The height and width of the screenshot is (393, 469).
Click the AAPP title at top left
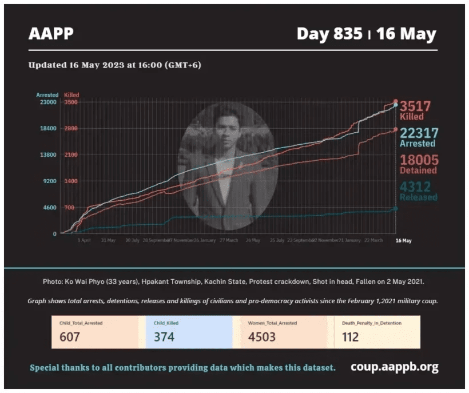[51, 34]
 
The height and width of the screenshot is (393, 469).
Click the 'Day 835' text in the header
[329, 34]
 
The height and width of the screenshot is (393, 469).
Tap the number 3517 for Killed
[415, 106]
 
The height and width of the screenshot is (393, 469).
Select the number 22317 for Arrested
[419, 133]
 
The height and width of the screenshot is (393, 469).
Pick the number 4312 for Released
[415, 187]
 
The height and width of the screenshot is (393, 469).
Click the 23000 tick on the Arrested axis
[48, 102]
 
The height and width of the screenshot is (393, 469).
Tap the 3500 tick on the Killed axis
[71, 102]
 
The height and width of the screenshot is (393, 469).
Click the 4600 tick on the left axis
[50, 208]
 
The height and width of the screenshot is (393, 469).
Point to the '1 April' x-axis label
[84, 240]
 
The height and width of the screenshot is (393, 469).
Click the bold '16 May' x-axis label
[403, 241]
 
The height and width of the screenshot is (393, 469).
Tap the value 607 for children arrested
[70, 336]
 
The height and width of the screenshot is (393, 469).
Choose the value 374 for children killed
[164, 336]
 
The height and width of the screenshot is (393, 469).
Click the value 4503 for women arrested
[261, 336]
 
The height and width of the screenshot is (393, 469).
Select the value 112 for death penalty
[351, 336]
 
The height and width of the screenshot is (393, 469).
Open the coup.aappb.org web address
[394, 367]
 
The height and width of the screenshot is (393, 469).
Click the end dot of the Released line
[395, 208]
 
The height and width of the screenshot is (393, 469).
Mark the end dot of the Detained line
[395, 129]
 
